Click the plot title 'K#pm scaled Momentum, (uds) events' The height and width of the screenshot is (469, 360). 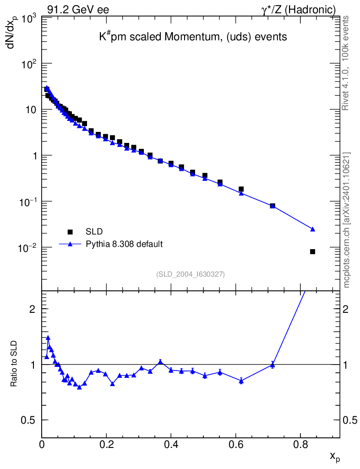[193, 37]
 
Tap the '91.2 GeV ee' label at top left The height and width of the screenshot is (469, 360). [78, 10]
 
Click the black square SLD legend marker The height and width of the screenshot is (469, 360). [70, 231]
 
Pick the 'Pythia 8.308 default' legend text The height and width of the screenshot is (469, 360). [124, 244]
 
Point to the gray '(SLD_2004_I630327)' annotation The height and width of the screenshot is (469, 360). [191, 274]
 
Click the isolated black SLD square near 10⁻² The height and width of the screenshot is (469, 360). [312, 251]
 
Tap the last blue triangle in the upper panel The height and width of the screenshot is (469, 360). [313, 229]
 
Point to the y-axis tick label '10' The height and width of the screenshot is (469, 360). [31, 110]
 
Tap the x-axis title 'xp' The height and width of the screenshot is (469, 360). [335, 457]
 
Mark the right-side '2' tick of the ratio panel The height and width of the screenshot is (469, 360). [345, 309]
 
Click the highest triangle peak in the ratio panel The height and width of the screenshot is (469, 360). [48, 338]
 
